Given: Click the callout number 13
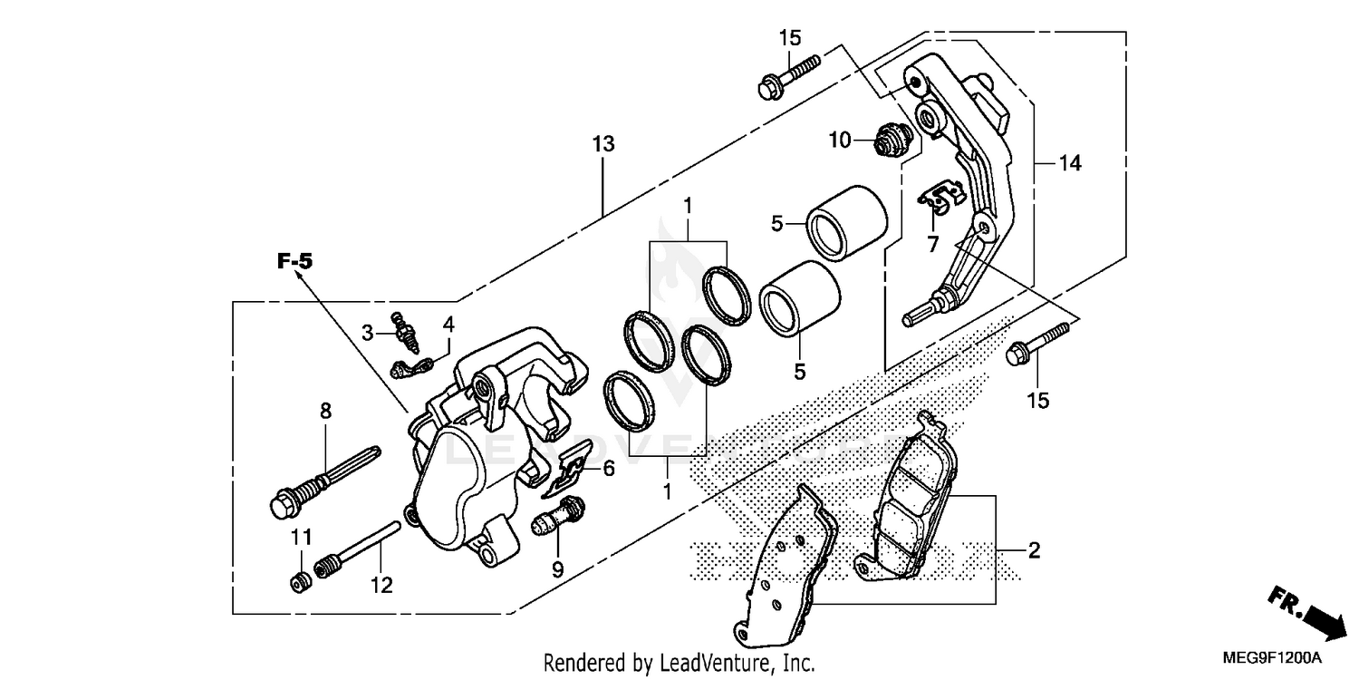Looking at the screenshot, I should pos(603,143).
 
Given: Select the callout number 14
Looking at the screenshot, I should pos(1070,163).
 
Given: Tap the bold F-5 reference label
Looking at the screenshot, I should pos(294,262).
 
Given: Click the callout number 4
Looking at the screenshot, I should pos(448,324).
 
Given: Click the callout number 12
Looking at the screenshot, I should pos(381,586).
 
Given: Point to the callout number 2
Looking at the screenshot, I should pos(1033,549).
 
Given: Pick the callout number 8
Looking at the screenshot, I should pos(325,411).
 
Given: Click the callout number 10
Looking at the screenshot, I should pos(839,140).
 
